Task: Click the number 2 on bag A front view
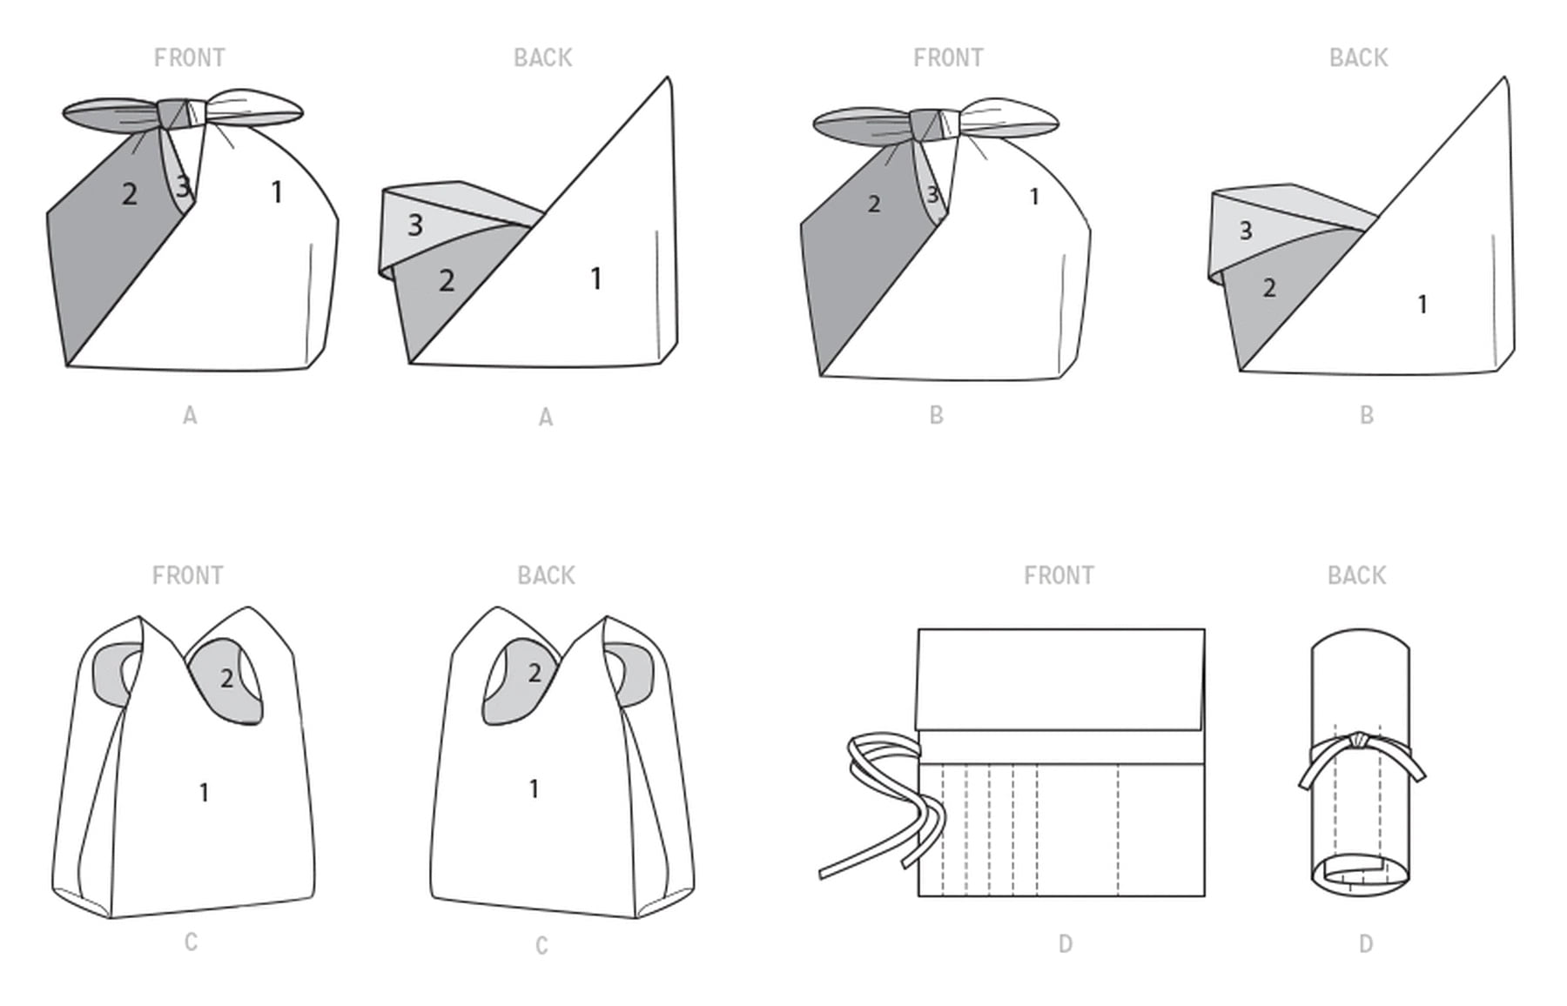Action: pos(130,193)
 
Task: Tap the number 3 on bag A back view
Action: pos(415,225)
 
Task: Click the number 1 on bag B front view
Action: pos(1034,198)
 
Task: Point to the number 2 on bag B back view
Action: pos(1269,287)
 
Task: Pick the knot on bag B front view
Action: pos(935,123)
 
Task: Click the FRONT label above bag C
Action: pos(187,575)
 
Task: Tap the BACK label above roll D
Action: pos(1356,575)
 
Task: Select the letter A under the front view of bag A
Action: pos(190,416)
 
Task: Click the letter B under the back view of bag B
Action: pos(1367,415)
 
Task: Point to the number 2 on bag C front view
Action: pos(226,678)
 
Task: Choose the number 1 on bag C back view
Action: pos(534,789)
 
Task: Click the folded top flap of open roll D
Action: pos(1061,679)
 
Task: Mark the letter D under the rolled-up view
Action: pos(1366,944)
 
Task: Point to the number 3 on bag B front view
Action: pos(933,194)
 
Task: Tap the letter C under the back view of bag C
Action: pos(541,946)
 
